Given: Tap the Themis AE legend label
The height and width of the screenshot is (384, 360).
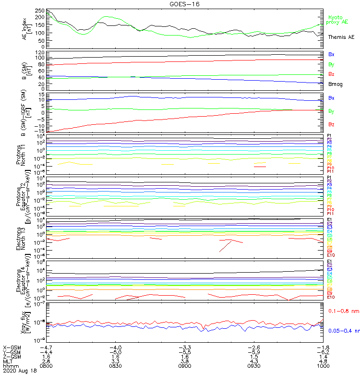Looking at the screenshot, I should point(341,37).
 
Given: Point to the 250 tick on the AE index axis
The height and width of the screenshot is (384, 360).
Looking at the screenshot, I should point(40,11).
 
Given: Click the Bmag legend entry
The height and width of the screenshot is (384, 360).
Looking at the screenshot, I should point(334,84).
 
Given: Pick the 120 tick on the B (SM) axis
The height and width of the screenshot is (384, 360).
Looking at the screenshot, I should point(40,52).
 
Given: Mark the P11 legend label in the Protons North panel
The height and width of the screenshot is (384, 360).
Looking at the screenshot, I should point(330,171).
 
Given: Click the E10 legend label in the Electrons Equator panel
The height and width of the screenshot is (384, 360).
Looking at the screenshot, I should point(331,297).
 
